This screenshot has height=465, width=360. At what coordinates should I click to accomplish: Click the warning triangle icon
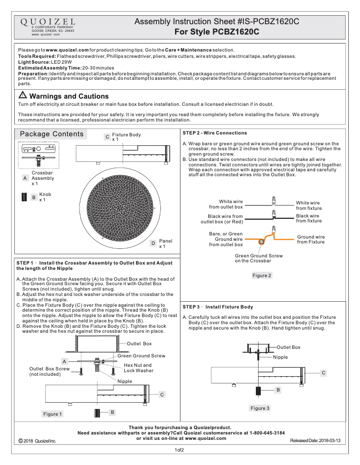[x=22, y=96]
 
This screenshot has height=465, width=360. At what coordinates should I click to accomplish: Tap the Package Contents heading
[x=52, y=134]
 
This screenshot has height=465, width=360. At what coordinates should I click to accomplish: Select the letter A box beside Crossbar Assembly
[x=25, y=178]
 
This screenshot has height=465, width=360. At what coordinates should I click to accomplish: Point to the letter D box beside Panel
[x=153, y=243]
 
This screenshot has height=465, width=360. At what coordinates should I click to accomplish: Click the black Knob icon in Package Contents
[x=24, y=197]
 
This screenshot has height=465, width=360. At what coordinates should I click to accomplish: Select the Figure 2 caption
[x=262, y=275]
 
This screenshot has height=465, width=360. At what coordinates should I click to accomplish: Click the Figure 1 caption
[x=53, y=414]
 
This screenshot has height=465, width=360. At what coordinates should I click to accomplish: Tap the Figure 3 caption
[x=260, y=408]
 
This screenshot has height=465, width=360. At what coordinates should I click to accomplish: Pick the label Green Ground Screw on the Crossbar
[x=259, y=258]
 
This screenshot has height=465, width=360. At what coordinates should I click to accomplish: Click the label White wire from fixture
[x=308, y=205]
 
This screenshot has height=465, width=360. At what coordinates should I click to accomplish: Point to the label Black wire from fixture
[x=308, y=218]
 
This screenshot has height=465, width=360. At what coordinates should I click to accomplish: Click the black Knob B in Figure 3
[x=259, y=391]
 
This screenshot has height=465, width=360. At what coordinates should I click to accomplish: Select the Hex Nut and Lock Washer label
[x=138, y=368]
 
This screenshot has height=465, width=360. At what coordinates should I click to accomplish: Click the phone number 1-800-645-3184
[x=259, y=433]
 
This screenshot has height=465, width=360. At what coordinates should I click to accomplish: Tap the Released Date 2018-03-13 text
[x=315, y=441]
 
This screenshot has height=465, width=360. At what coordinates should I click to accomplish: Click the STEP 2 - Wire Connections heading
[x=215, y=133]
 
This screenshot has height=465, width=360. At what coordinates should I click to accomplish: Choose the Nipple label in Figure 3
[x=281, y=357]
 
